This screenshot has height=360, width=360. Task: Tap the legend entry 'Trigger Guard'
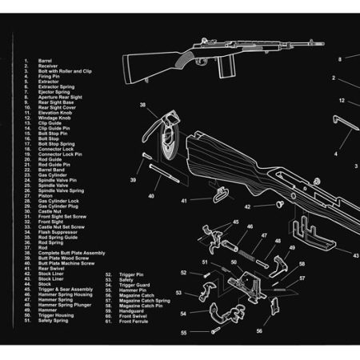pyautogui.click(x=134, y=284)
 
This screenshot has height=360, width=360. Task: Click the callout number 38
pyautogui.click(x=142, y=106)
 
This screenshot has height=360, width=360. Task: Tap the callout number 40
pyautogui.click(x=150, y=196)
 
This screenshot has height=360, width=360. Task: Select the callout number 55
pyautogui.click(x=183, y=331)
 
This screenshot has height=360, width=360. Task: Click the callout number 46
pyautogui.click(x=250, y=227)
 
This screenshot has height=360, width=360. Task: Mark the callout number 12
pyautogui.click(x=342, y=101)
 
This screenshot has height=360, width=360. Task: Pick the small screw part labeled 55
pyautogui.click(x=213, y=330)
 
